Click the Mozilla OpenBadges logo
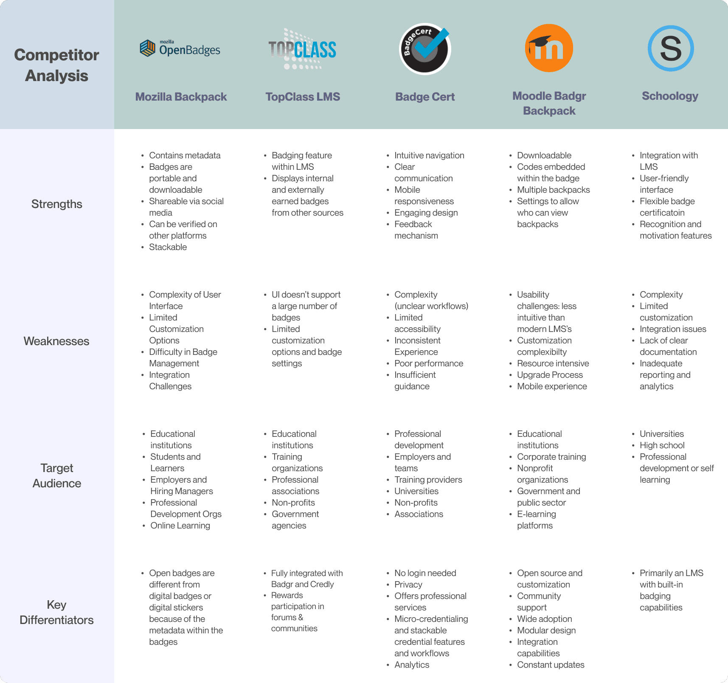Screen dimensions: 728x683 click(x=180, y=48)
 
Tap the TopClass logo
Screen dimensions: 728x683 click(x=302, y=49)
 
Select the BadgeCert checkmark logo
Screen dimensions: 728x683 click(x=425, y=49)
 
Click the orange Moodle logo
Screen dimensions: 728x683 click(x=549, y=48)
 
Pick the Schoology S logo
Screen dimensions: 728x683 click(x=671, y=48)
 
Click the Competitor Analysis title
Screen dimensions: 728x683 click(x=56, y=65)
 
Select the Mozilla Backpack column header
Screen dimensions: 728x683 click(x=181, y=97)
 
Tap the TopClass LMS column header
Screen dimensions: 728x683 click(x=303, y=97)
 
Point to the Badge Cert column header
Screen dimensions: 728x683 click(x=425, y=97)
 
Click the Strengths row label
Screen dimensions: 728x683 click(x=57, y=204)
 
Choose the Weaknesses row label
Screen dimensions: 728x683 click(x=56, y=341)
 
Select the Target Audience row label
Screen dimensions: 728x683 click(x=57, y=476)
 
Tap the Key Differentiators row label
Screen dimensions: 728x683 click(x=56, y=612)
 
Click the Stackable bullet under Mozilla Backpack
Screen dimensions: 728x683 click(x=168, y=247)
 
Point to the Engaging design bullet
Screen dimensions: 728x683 click(x=426, y=213)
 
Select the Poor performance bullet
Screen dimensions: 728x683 click(x=428, y=363)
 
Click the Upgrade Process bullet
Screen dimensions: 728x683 click(x=550, y=375)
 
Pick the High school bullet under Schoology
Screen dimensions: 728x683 click(x=662, y=445)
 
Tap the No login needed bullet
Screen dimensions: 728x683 click(x=425, y=573)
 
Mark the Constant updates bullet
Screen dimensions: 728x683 click(x=551, y=665)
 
